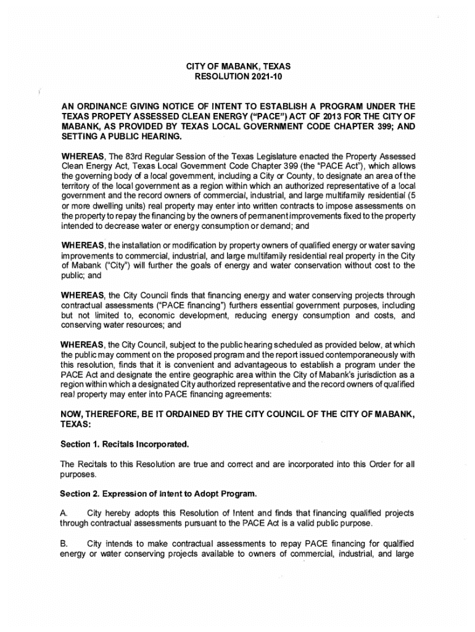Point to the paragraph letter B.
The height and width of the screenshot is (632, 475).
(x=63, y=544)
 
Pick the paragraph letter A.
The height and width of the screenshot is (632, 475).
(x=63, y=513)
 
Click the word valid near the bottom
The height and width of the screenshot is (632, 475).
(x=313, y=523)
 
